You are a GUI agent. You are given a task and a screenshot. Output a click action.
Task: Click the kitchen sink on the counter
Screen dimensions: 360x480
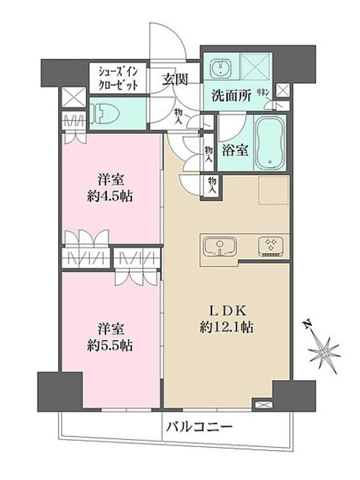coord(220,247)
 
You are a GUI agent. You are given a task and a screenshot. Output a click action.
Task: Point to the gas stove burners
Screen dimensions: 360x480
coord(271,246)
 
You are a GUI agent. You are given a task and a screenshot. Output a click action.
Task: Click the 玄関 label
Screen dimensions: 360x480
coord(175,80)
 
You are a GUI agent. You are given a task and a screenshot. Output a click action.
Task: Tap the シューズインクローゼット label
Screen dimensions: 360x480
coord(118,79)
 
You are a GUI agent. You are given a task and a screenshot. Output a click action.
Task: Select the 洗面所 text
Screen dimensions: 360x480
coord(232,96)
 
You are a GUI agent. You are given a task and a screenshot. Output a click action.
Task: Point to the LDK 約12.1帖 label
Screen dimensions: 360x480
coord(227,319)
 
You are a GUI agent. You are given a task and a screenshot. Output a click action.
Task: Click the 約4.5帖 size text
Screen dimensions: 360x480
coord(110,196)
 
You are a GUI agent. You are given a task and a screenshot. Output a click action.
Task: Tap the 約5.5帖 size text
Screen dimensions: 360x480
coord(110,346)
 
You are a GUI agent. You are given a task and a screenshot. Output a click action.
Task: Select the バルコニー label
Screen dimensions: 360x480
coord(199,427)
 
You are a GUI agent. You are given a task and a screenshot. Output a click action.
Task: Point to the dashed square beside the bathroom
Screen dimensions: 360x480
coord(274,190)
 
